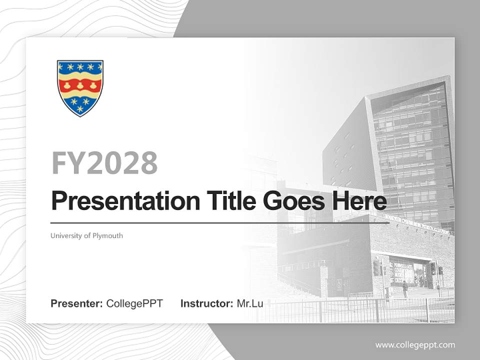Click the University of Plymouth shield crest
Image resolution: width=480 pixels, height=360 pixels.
[x=80, y=87]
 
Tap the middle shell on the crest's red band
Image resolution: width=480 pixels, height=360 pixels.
[x=80, y=85]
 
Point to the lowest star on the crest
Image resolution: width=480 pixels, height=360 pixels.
[x=80, y=108]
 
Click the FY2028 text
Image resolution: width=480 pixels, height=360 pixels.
[x=104, y=163]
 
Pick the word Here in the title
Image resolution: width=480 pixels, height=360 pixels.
[x=360, y=201]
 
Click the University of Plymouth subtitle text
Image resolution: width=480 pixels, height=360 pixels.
[x=86, y=235]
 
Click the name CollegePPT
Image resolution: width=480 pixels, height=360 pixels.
[x=134, y=303]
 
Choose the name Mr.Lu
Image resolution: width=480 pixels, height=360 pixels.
[x=250, y=303]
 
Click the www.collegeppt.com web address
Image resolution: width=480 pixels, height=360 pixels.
[x=415, y=345]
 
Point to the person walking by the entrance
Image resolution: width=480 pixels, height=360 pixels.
[x=405, y=289]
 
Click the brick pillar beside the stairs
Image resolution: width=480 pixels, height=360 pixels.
[x=324, y=280]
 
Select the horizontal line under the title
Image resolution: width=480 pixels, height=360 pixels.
[x=220, y=223]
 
